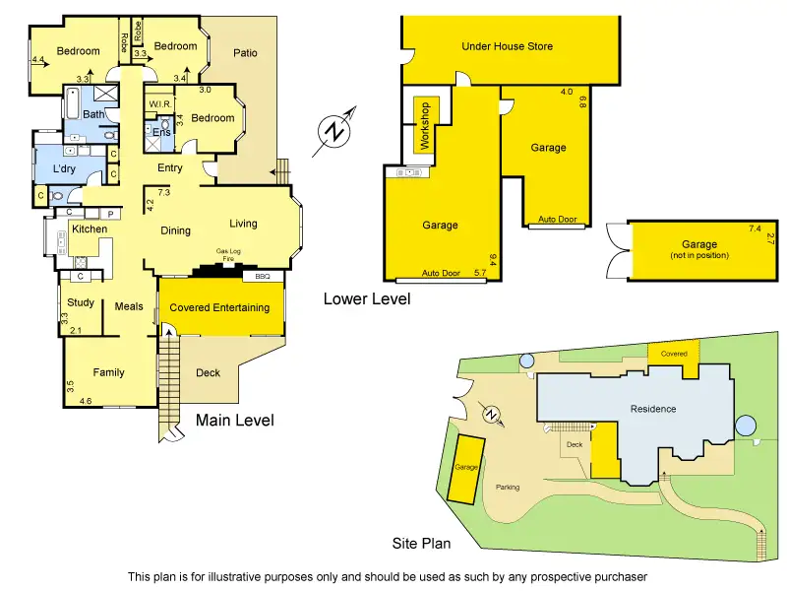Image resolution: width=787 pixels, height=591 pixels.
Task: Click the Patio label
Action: (x=245, y=53)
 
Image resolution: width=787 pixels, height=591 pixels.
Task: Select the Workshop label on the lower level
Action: (x=426, y=125)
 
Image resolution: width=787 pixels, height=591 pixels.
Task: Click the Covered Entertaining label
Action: (x=219, y=308)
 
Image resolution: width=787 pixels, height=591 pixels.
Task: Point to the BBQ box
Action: (x=262, y=277)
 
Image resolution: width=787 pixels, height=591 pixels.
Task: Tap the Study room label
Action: (x=81, y=303)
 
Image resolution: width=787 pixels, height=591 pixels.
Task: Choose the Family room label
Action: (x=108, y=373)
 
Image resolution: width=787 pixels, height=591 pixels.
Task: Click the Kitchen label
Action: (x=89, y=230)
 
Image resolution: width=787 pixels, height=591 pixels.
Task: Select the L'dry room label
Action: (x=64, y=170)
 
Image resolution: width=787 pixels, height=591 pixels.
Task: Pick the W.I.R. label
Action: (x=160, y=104)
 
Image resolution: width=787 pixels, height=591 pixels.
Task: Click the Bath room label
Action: (x=93, y=115)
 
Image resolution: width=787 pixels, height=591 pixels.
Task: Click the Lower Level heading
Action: (x=367, y=298)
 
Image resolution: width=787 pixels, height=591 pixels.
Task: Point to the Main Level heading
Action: (x=234, y=421)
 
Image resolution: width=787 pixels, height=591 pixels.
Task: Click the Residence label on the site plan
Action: (x=653, y=409)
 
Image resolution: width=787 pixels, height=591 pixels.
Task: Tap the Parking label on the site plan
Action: (x=508, y=488)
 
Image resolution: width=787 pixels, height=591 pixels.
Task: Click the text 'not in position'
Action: (x=699, y=256)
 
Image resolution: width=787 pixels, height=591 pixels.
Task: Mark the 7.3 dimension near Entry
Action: (x=163, y=193)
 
